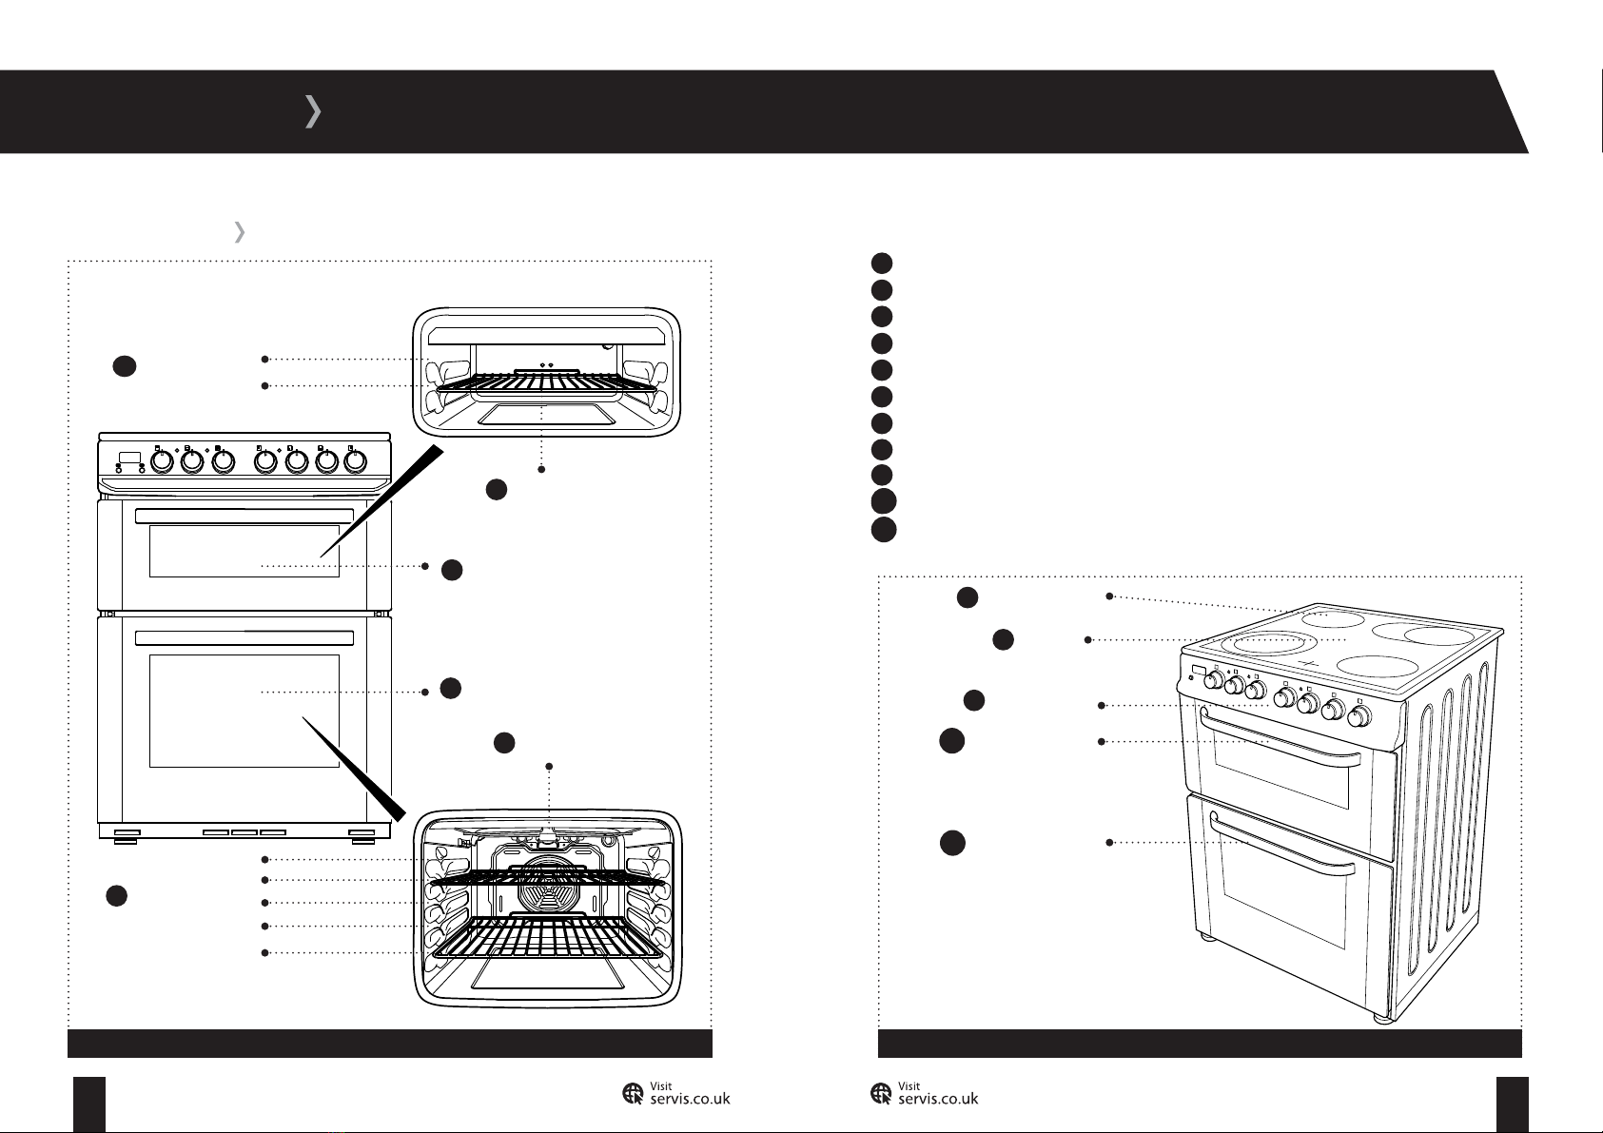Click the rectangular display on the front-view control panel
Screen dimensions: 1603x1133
pyautogui.click(x=129, y=457)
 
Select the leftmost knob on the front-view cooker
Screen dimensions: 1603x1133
pyautogui.click(x=163, y=461)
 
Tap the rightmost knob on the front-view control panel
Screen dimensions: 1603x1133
pyautogui.click(x=356, y=461)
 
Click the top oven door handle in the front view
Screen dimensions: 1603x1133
pyautogui.click(x=244, y=516)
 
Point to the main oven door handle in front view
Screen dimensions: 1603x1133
pyautogui.click(x=244, y=638)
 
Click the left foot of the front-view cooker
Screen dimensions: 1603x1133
pyautogui.click(x=126, y=836)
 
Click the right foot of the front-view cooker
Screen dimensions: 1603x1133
pyautogui.click(x=362, y=836)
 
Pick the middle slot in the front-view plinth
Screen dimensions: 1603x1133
pyautogui.click(x=244, y=832)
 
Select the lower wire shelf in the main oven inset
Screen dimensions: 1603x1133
pyautogui.click(x=547, y=938)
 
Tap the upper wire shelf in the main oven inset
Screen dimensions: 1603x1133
pyautogui.click(x=547, y=878)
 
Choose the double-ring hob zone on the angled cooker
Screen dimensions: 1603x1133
pyautogui.click(x=1266, y=643)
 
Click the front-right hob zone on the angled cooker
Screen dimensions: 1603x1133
pyautogui.click(x=1377, y=666)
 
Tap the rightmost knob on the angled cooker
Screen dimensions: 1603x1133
pyautogui.click(x=1359, y=715)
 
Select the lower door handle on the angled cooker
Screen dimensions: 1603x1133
pyautogui.click(x=1280, y=846)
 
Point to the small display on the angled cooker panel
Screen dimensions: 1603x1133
pyautogui.click(x=1198, y=673)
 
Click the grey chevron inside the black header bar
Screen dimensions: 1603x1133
pyautogui.click(x=313, y=111)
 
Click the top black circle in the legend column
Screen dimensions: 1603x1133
pyautogui.click(x=882, y=263)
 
